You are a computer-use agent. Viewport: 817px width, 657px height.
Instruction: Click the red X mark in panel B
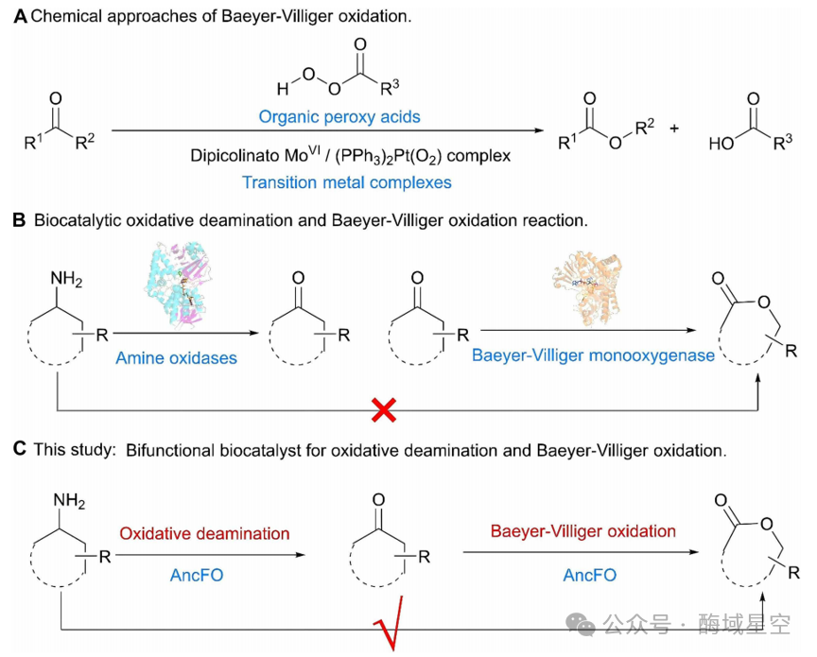pos(384,410)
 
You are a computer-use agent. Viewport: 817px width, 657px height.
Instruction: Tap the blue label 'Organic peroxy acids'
pos(339,116)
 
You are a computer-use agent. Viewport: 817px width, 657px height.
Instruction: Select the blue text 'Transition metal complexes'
pos(346,182)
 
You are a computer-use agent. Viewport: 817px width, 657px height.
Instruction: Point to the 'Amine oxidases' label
pos(176,358)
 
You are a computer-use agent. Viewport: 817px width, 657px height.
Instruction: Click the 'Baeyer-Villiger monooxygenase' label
pos(593,355)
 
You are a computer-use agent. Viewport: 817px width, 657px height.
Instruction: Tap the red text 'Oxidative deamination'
pos(204,533)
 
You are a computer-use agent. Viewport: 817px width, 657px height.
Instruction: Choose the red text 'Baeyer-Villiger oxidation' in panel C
pos(583,531)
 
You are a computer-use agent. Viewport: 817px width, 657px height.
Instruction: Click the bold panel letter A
pos(20,17)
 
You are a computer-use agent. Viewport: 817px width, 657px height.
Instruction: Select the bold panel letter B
pos(19,220)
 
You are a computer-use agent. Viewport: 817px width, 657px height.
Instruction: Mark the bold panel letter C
pos(20,449)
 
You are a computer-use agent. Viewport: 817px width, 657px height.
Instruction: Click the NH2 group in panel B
pos(66,279)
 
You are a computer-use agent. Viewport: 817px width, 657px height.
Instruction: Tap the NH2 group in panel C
pos(69,501)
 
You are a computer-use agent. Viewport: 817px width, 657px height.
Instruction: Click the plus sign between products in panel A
pos(674,129)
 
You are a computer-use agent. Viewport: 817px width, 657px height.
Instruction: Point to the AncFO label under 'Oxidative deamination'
pos(197,575)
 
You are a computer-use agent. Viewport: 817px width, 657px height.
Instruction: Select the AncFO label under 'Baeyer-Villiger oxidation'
pos(590,575)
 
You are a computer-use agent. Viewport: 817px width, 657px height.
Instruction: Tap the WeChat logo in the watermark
pos(581,624)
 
